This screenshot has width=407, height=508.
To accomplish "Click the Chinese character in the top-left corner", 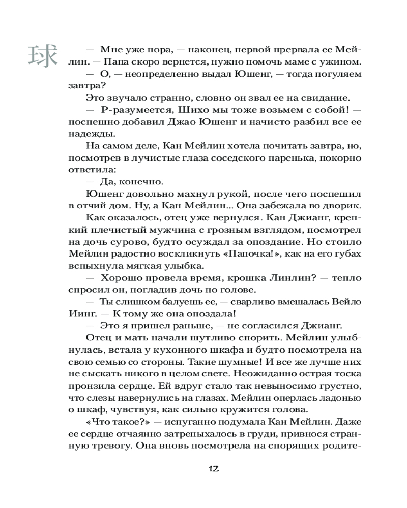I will point(42,56).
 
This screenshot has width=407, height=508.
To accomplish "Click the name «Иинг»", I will point(81,313).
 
